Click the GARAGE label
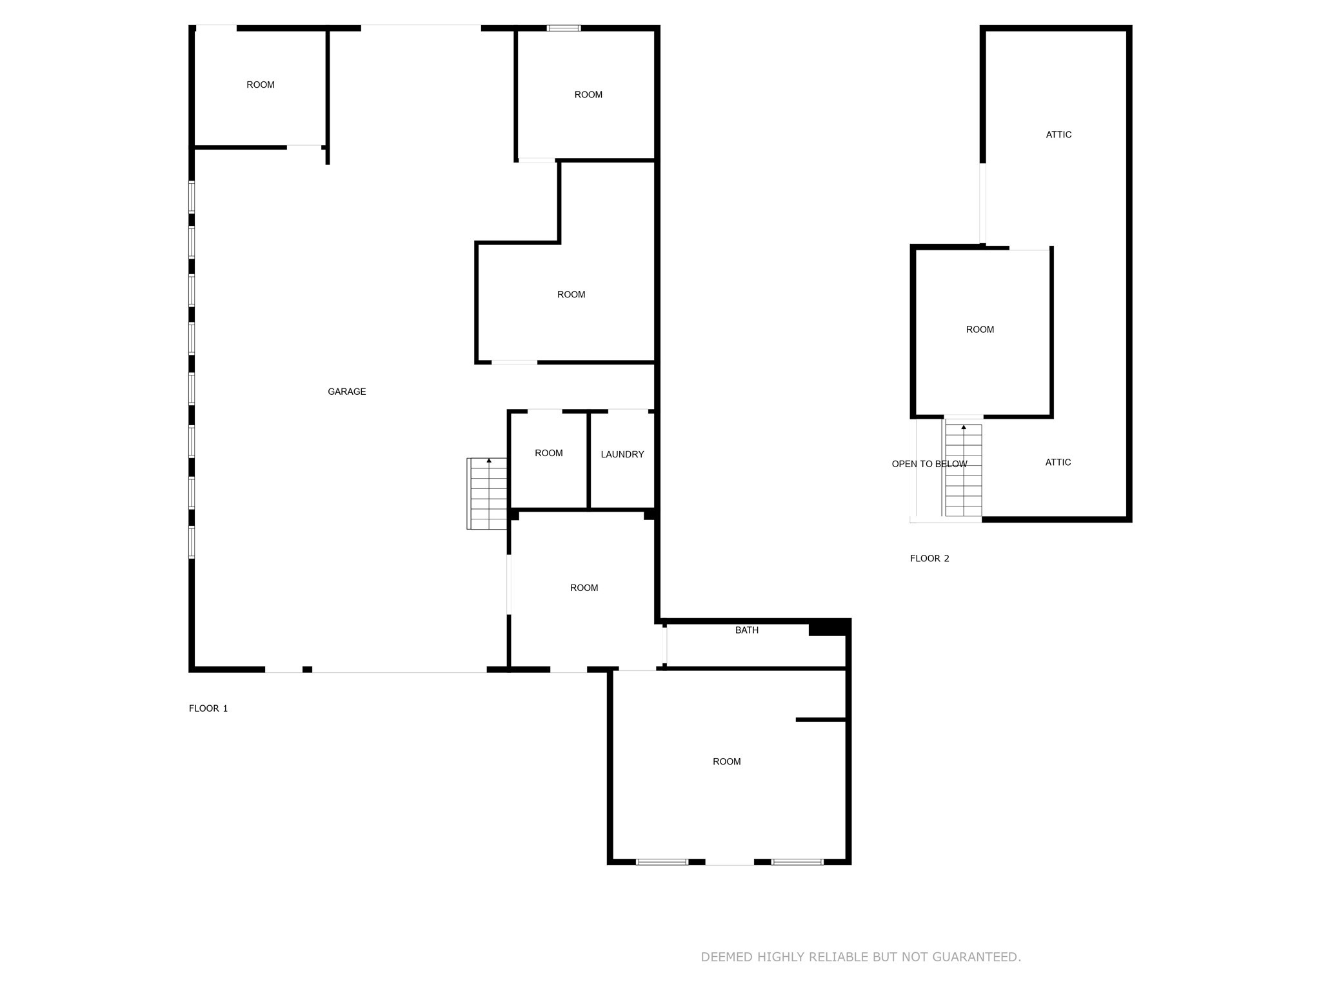346,392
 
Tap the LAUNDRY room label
622,454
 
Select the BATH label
747,630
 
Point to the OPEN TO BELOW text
929,464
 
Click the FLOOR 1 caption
208,708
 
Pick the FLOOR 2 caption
929,559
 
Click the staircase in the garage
488,494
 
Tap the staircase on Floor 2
964,470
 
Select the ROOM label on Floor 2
980,330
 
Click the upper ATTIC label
1058,135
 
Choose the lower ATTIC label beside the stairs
1058,463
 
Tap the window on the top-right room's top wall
564,28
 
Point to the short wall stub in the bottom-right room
820,719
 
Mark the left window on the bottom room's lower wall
662,862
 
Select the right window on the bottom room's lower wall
797,862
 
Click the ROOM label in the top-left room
261,85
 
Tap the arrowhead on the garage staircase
489,461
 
